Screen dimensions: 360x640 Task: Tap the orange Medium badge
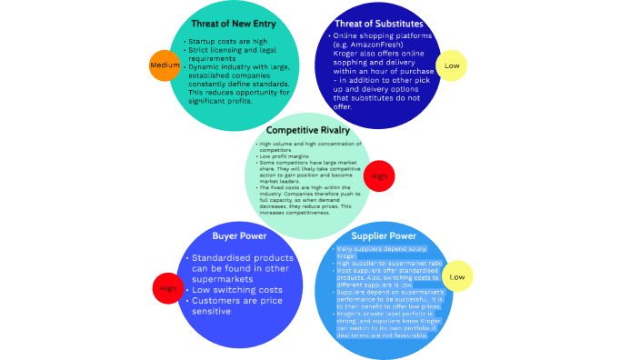[x=164, y=66]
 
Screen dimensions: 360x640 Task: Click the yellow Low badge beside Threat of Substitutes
[x=451, y=65]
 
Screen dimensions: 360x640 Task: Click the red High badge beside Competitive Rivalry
[x=378, y=175]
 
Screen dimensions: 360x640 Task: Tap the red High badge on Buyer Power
[x=167, y=288]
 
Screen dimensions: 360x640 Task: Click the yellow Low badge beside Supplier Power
[x=456, y=275]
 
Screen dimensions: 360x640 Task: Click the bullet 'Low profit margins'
[x=285, y=156]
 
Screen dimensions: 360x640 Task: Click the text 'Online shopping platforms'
[x=378, y=35]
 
